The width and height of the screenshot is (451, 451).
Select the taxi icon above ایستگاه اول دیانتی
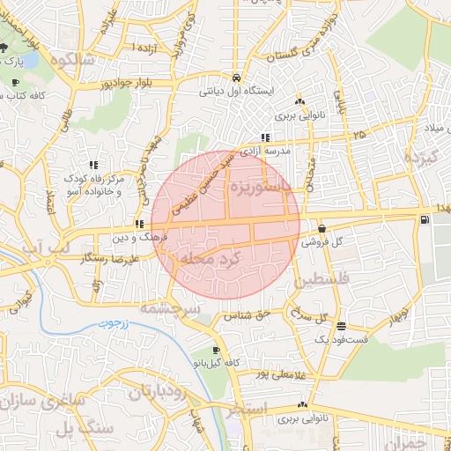click(x=235, y=78)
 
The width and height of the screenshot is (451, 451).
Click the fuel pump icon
click(x=426, y=220)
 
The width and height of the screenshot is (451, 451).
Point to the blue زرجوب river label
click(x=112, y=322)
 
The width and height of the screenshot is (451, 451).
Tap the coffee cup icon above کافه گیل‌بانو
click(x=217, y=351)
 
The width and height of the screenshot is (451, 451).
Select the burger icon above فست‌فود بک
click(x=341, y=326)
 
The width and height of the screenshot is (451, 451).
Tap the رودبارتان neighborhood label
click(x=158, y=392)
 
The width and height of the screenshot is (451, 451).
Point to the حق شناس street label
click(x=246, y=314)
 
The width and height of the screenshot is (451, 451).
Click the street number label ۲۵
click(x=359, y=135)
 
